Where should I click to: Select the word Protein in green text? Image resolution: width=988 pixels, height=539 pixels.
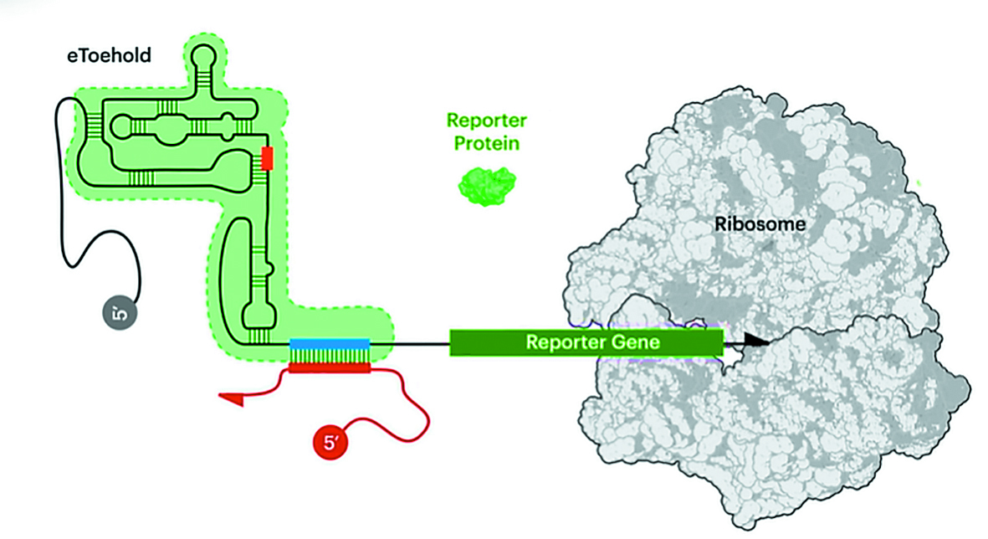point(487,143)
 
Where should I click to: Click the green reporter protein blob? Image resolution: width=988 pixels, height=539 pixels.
point(486,184)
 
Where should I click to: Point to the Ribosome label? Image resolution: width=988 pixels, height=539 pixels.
point(760,224)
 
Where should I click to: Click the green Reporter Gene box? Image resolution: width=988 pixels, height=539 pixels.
point(586,343)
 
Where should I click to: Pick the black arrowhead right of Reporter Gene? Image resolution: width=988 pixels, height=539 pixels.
point(754,341)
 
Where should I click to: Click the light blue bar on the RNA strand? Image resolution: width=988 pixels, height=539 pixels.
point(329,343)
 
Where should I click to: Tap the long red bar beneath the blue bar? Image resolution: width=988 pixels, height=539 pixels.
point(329,368)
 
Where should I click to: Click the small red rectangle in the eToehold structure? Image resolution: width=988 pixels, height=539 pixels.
point(268,158)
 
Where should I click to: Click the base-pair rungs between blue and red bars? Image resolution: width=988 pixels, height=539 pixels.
point(329,356)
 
